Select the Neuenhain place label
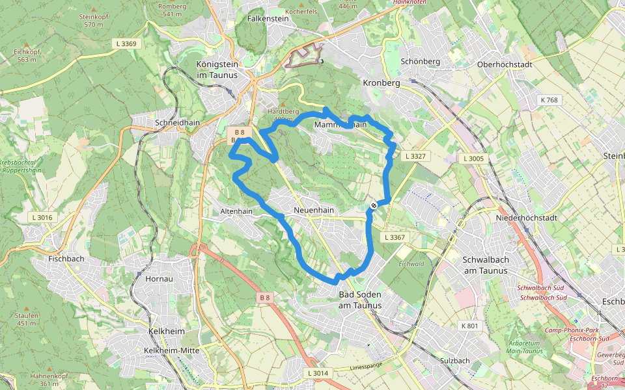314,211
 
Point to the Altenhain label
236,211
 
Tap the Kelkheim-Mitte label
171,350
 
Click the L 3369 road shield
126,44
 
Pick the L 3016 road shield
44,218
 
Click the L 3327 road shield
415,157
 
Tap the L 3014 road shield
318,373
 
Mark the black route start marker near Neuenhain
374,206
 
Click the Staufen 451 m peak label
27,319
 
